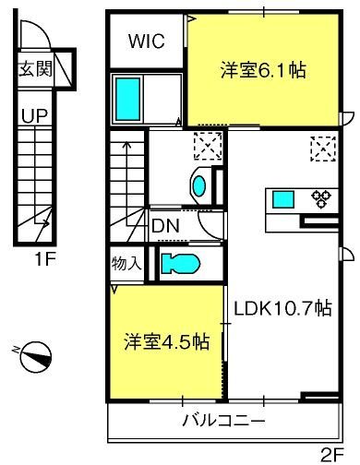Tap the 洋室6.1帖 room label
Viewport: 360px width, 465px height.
pyautogui.click(x=263, y=69)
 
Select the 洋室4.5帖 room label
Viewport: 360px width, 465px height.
pyautogui.click(x=166, y=341)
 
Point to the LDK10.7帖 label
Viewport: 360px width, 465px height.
pyautogui.click(x=282, y=309)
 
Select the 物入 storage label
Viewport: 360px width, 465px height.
pyautogui.click(x=126, y=264)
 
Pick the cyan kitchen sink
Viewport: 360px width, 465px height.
pyautogui.click(x=282, y=198)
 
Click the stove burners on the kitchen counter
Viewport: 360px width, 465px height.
pyautogui.click(x=320, y=197)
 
